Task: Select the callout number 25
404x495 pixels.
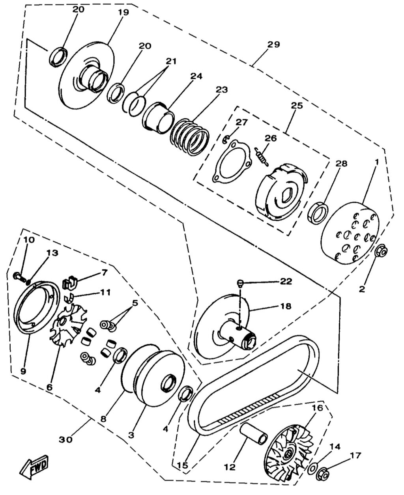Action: tap(297, 106)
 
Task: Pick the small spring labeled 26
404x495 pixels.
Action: tap(260, 156)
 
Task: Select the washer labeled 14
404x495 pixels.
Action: tap(312, 469)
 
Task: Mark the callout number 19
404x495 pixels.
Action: tap(123, 12)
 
